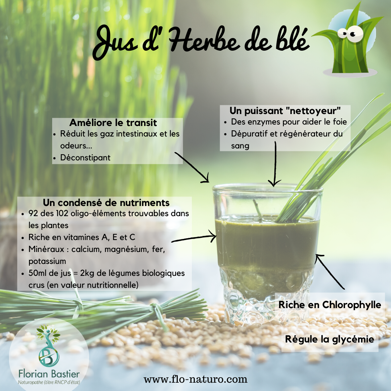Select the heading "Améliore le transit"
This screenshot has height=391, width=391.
click(113, 123)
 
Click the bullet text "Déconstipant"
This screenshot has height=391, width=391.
click(85, 157)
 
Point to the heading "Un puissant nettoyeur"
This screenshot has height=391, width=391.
click(285, 111)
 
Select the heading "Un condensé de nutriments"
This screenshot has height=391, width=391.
click(106, 203)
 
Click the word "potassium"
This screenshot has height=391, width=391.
click(47, 261)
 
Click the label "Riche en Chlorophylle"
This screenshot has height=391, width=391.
click(330, 305)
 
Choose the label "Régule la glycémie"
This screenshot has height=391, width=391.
click(330, 339)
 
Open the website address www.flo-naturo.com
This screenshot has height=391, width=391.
click(195, 379)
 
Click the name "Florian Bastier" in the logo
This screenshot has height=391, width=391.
click(49, 374)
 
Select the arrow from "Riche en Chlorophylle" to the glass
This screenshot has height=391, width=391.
click(329, 272)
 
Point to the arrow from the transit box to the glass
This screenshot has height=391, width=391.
click(192, 167)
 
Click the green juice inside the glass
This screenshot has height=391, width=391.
click(267, 244)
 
